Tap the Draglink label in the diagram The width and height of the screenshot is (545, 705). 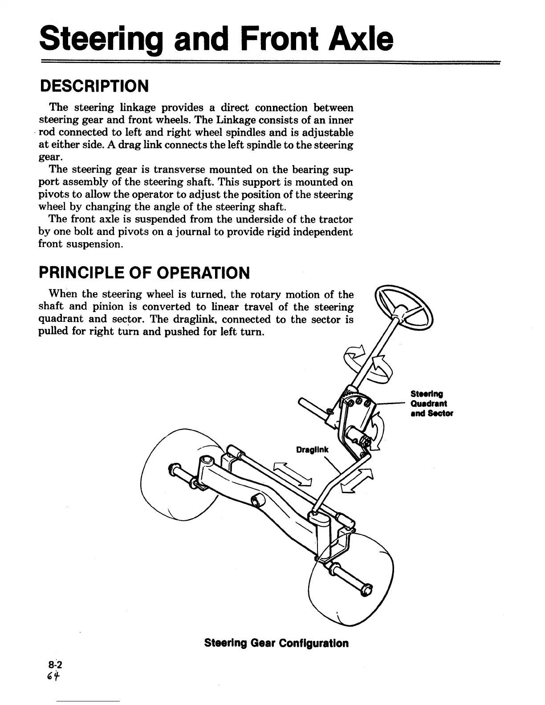pos(312,450)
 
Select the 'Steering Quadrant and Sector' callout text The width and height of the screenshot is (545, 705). pos(431,404)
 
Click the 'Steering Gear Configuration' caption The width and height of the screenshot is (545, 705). pos(276,643)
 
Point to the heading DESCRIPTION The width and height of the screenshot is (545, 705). pos(94,86)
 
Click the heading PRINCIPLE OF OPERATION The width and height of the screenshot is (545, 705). pos(144,272)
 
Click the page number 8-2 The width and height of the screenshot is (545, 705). pos(56,665)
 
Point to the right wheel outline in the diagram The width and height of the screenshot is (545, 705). pos(352,579)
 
